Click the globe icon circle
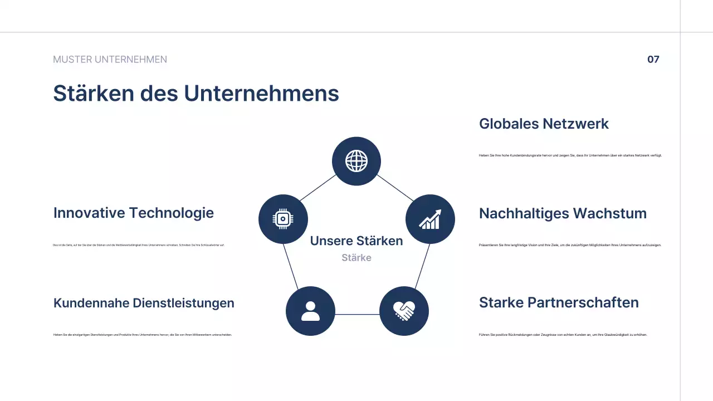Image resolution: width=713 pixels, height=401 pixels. coord(356,162)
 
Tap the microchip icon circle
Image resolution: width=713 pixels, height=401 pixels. coord(283,219)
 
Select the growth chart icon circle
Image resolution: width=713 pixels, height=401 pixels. coord(430,219)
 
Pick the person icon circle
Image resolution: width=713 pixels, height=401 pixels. coord(310,311)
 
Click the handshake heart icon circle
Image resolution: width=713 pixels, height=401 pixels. coord(404,311)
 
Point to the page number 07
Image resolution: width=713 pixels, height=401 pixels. coord(653,60)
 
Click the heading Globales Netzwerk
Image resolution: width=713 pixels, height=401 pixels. coord(544,124)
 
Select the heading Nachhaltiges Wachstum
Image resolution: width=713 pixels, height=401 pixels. coord(563,213)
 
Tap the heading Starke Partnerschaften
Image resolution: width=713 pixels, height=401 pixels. coord(559,302)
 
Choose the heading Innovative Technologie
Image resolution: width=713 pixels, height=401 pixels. coord(134,213)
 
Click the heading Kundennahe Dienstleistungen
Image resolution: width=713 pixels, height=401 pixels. coord(144,303)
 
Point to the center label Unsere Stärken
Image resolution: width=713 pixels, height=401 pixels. coord(356,241)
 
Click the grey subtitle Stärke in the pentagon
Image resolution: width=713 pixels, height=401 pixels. coord(356,258)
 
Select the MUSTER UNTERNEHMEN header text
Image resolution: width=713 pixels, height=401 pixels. coord(110,60)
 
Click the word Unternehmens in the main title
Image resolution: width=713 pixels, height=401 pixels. coord(261,93)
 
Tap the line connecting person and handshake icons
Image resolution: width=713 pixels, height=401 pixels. coord(357,315)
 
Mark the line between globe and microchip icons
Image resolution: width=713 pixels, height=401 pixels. coord(318,188)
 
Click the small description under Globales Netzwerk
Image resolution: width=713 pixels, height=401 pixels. coord(570,155)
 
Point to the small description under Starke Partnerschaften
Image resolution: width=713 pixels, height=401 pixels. coord(563,335)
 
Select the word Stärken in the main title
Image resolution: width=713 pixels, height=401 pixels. coord(94,93)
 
